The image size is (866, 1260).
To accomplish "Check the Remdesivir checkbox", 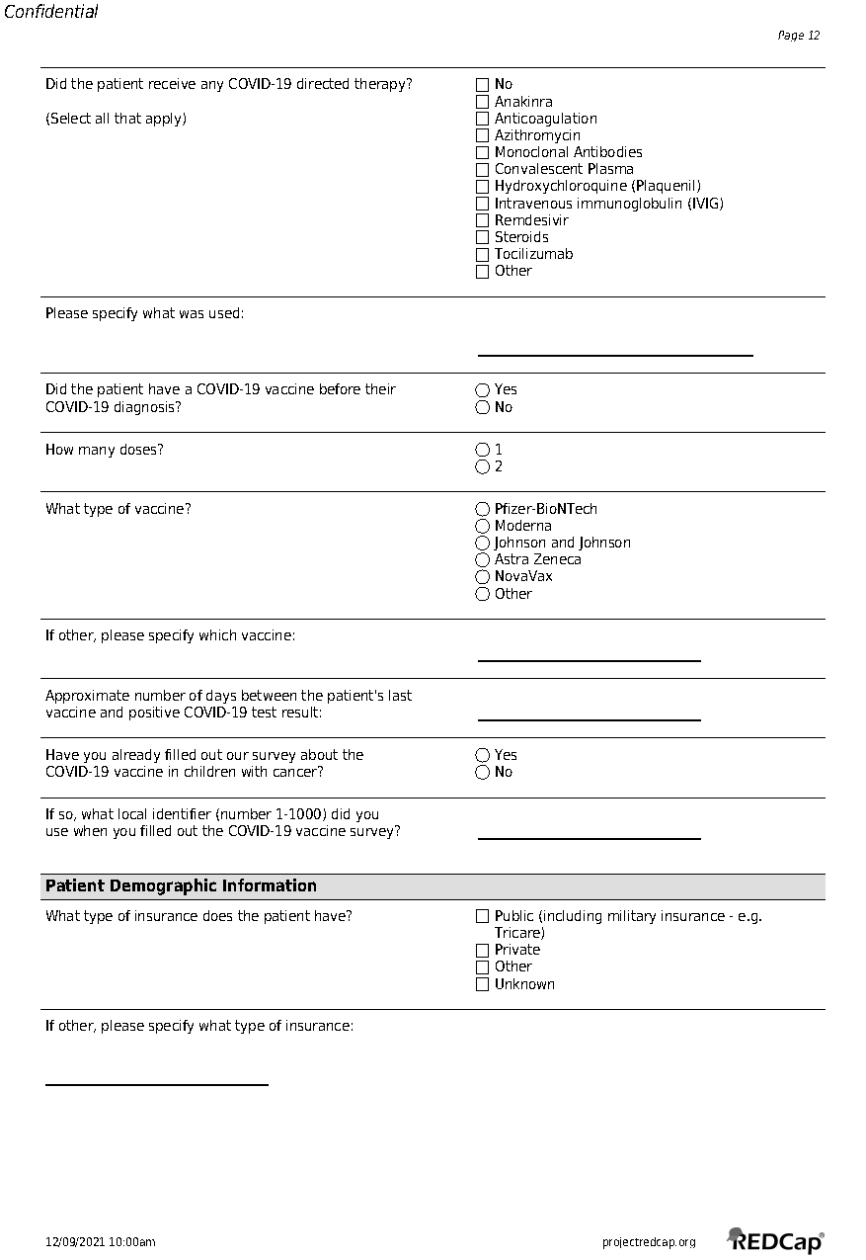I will [482, 220].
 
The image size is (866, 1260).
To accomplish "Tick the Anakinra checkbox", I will [482, 102].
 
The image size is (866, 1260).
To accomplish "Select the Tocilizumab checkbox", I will [482, 254].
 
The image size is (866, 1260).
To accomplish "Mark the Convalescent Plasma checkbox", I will [482, 169].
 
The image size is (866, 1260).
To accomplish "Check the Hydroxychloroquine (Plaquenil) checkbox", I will [482, 186].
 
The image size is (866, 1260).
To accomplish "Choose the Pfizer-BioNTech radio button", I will [482, 509].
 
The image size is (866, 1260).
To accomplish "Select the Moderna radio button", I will [482, 526].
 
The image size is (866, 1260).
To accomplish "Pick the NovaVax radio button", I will [482, 576].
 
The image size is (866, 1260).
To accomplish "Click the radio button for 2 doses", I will [482, 466].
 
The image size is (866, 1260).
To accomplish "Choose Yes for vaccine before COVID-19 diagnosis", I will [482, 389].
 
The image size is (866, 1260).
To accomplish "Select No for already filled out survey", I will [482, 772].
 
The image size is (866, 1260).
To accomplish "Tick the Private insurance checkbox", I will [482, 950].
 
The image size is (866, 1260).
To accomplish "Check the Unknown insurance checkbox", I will [482, 984].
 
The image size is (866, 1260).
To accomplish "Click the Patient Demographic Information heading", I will [181, 885].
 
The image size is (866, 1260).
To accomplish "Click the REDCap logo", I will [776, 1240].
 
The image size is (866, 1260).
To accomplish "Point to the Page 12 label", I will [798, 36].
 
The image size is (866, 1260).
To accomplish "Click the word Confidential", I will [51, 12].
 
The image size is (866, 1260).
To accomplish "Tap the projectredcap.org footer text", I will [648, 1242].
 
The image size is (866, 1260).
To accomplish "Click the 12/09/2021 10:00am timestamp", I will [100, 1242].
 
